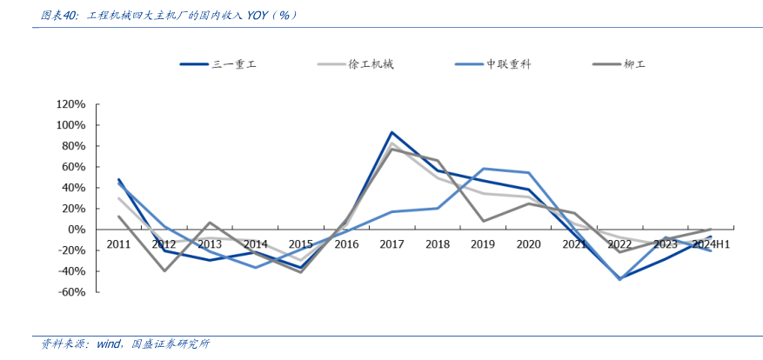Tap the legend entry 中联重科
(x=507, y=64)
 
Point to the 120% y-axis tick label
(x=70, y=103)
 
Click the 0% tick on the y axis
(x=77, y=230)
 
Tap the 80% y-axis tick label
(x=73, y=145)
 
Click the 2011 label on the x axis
(x=118, y=244)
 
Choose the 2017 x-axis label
(x=392, y=244)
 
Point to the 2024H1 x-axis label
(x=711, y=244)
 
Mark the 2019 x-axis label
(x=483, y=244)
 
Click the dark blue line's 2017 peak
(x=392, y=133)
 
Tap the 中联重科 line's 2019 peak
(x=483, y=169)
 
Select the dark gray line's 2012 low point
(x=164, y=270)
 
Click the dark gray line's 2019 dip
(x=483, y=221)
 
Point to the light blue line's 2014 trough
(x=255, y=267)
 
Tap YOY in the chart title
(x=258, y=15)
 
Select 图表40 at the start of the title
(x=62, y=15)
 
